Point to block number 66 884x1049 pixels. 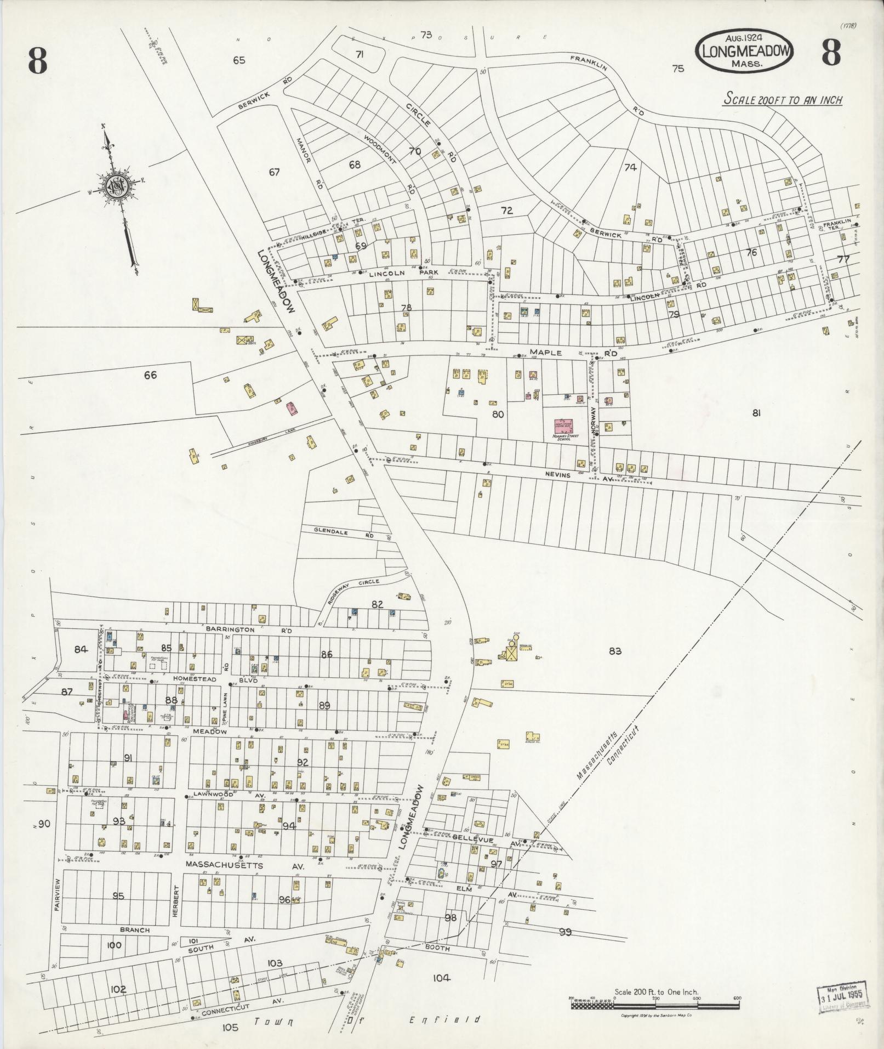click(150, 375)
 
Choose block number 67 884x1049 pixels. click(274, 172)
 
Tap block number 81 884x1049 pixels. click(756, 413)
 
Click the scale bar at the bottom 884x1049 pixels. click(655, 1003)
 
